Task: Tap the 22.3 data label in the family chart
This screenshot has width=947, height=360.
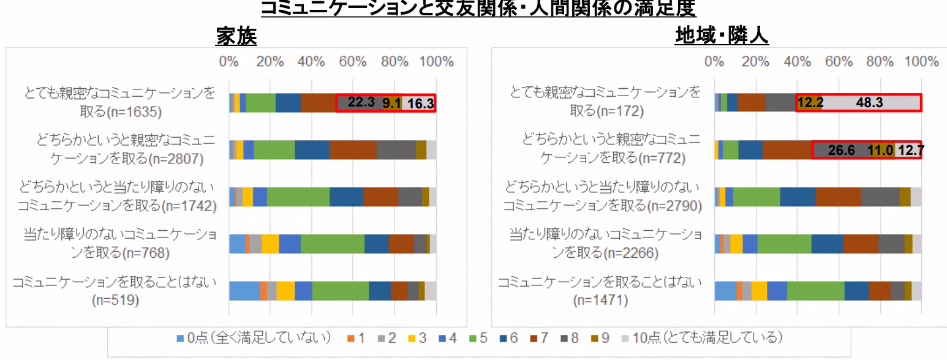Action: [x=361, y=103]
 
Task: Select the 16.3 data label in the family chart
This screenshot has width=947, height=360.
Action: [x=421, y=103]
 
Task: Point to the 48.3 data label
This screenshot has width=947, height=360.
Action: [x=869, y=103]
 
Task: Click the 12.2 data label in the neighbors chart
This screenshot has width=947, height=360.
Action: [x=810, y=103]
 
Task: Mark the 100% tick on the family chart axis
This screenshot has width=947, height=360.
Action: [x=436, y=62]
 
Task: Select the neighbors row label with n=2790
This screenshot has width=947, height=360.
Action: [x=602, y=197]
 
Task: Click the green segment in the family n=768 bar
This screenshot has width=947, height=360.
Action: [x=332, y=244]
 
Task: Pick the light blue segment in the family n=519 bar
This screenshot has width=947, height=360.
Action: [x=244, y=291]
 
